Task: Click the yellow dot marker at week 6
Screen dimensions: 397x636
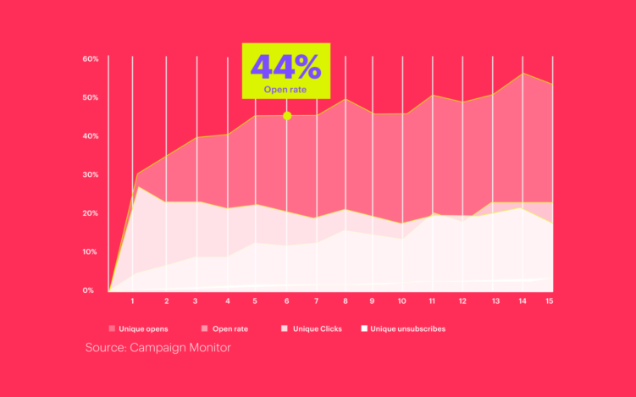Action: (287, 116)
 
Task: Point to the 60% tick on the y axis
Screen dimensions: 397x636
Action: (91, 59)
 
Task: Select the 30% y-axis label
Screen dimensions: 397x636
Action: (91, 175)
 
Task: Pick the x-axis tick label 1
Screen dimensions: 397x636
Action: (133, 301)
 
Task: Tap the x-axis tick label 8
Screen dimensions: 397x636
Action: (346, 301)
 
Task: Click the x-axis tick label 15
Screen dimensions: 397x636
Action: (550, 301)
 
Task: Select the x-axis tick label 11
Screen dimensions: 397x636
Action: (432, 301)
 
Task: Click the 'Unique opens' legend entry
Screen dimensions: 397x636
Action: (143, 328)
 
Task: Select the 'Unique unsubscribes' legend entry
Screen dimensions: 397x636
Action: (408, 328)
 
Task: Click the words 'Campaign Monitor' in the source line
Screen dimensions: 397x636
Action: (180, 348)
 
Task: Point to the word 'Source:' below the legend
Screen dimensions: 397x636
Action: (106, 348)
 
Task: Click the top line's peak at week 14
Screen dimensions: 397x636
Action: (523, 74)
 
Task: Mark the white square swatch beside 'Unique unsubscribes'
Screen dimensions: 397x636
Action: (364, 328)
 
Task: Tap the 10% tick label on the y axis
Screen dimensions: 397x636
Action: (91, 252)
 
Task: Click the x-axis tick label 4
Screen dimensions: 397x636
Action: (228, 301)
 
